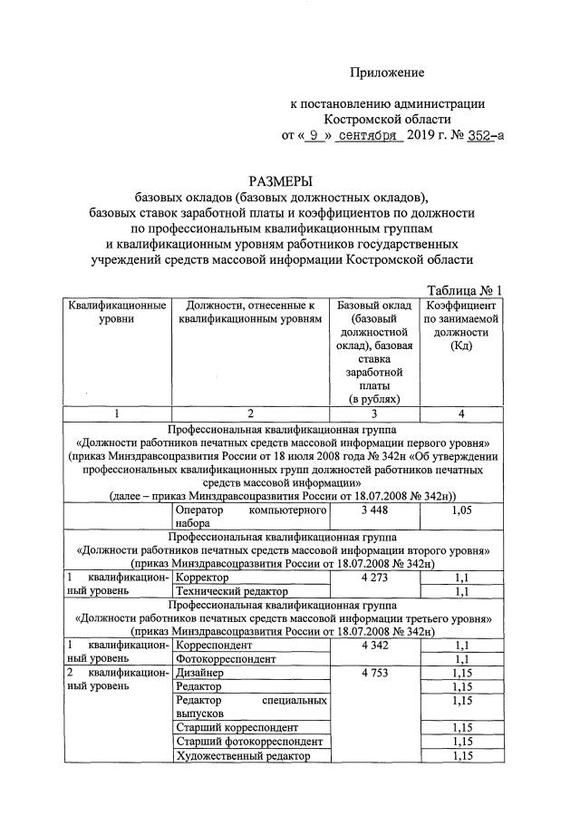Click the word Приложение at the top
click(x=387, y=72)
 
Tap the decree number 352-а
click(x=479, y=137)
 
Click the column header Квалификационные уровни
click(x=117, y=313)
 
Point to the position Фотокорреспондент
click(x=227, y=658)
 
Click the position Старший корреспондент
click(x=237, y=727)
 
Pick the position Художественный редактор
click(x=243, y=756)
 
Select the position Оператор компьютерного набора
click(x=249, y=518)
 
